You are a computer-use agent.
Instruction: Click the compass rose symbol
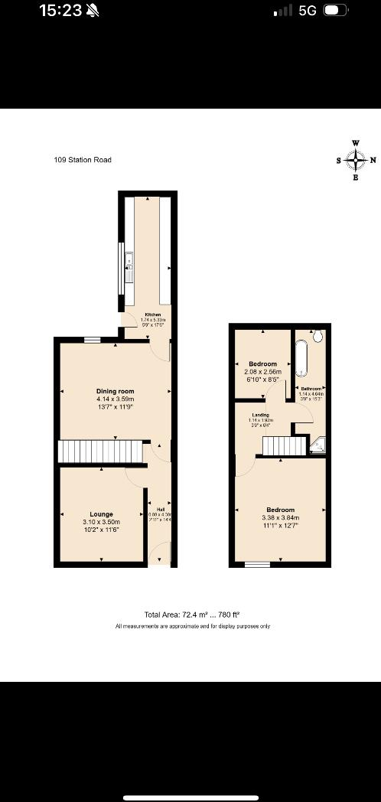click(356, 160)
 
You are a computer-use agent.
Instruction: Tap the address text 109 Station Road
click(83, 160)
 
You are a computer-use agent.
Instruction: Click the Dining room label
click(115, 392)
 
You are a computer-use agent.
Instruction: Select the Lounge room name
click(102, 514)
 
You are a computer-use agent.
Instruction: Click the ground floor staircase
click(101, 452)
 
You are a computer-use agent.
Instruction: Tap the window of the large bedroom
click(257, 565)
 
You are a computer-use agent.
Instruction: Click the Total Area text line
click(192, 615)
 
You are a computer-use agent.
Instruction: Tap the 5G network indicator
click(308, 11)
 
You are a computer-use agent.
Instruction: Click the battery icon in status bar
click(335, 11)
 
